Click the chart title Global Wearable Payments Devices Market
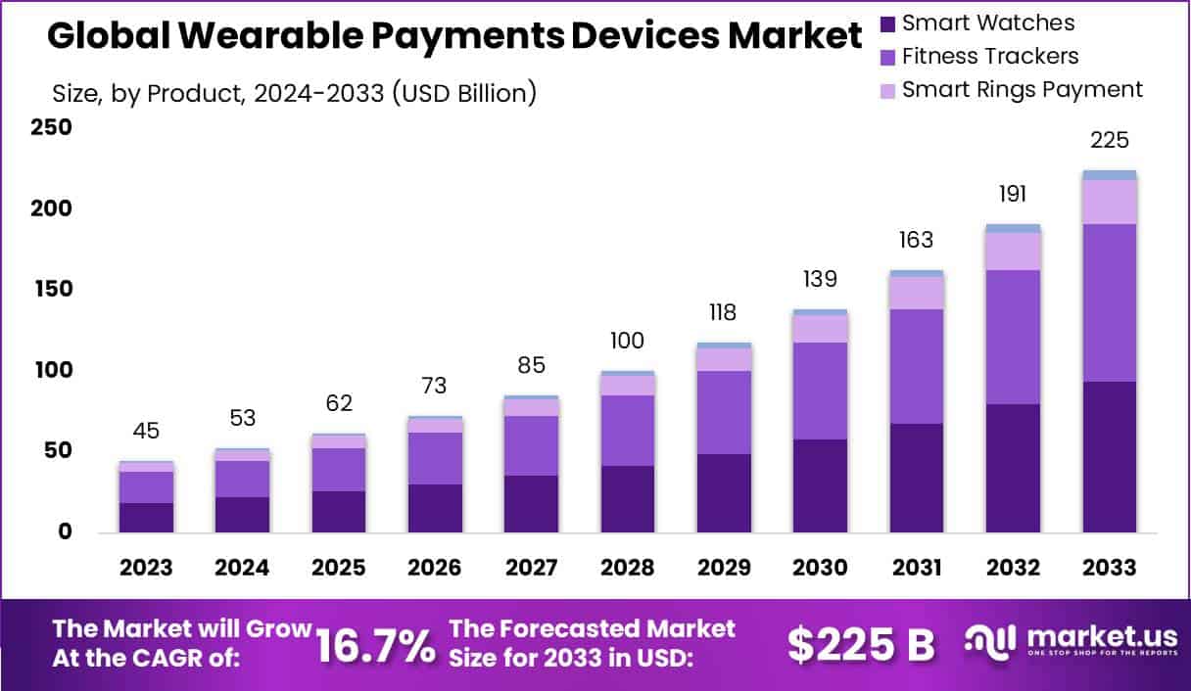click(x=454, y=37)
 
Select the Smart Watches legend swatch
click(x=887, y=23)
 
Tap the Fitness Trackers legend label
click(x=989, y=56)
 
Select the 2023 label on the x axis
click(x=146, y=568)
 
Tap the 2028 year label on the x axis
click(x=628, y=568)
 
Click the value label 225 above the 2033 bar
click(x=1110, y=141)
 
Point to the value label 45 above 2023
click(x=146, y=431)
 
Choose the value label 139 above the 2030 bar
click(x=820, y=279)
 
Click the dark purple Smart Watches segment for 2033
click(x=1110, y=457)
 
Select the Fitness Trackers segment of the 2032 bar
click(x=1013, y=337)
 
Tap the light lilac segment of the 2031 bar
click(x=917, y=293)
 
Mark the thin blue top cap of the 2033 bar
click(x=1110, y=175)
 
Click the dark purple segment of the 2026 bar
click(x=435, y=508)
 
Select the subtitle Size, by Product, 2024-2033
click(x=293, y=93)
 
